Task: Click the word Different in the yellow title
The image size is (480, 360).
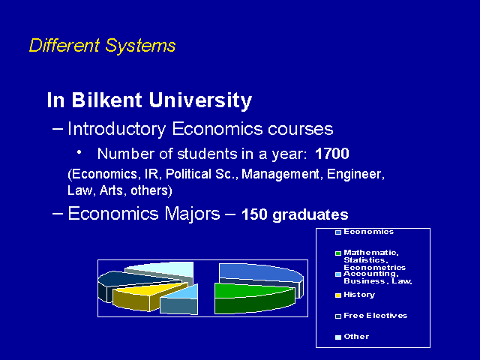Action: pos(64,45)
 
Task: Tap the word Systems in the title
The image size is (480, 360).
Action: pos(140,46)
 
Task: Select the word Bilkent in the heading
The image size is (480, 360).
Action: pos(107,100)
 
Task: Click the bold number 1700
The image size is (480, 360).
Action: pos(331,153)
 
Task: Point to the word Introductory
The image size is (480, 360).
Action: pos(117,129)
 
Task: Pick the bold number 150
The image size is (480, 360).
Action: pos(254,214)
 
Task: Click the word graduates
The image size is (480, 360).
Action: pos(310,215)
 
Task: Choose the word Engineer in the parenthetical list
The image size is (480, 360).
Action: pos(355,174)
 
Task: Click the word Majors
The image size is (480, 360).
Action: pos(192,213)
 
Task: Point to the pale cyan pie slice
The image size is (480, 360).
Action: pos(160,271)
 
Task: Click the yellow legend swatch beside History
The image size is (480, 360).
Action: pos(338,295)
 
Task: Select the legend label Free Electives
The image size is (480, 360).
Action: pos(375,316)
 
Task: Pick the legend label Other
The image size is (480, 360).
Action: pos(356,337)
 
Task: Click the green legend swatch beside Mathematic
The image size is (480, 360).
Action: pos(338,253)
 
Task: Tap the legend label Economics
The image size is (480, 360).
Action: pos(368,232)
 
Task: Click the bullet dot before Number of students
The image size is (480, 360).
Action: pos(79,151)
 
